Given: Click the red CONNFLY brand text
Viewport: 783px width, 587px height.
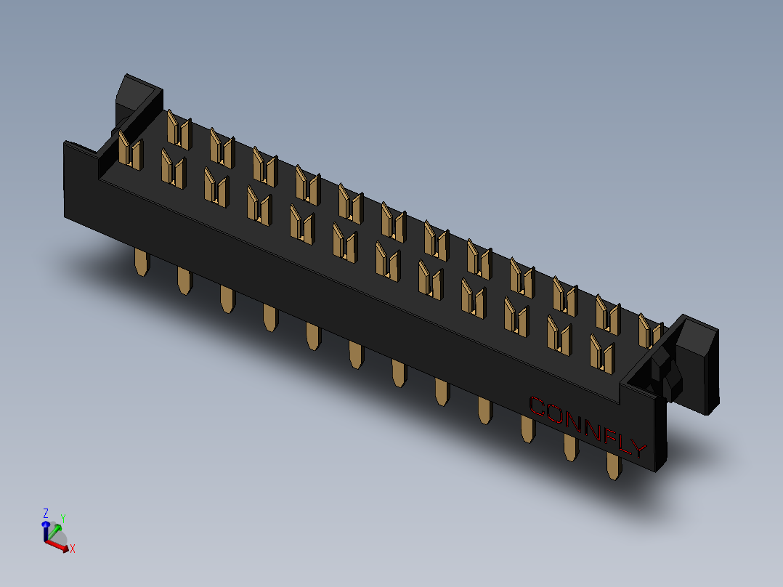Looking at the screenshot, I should tap(587, 427).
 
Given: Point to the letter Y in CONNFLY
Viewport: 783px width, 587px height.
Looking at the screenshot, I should tap(637, 449).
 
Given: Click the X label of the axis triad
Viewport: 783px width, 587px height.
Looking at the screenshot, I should tap(73, 548).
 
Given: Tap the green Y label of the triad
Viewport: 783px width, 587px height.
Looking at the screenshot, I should tap(63, 518).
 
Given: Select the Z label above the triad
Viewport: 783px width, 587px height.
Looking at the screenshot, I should tap(45, 512).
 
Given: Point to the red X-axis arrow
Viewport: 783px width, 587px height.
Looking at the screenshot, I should tap(60, 545).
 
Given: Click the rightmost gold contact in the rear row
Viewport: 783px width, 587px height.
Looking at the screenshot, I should tap(649, 331).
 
